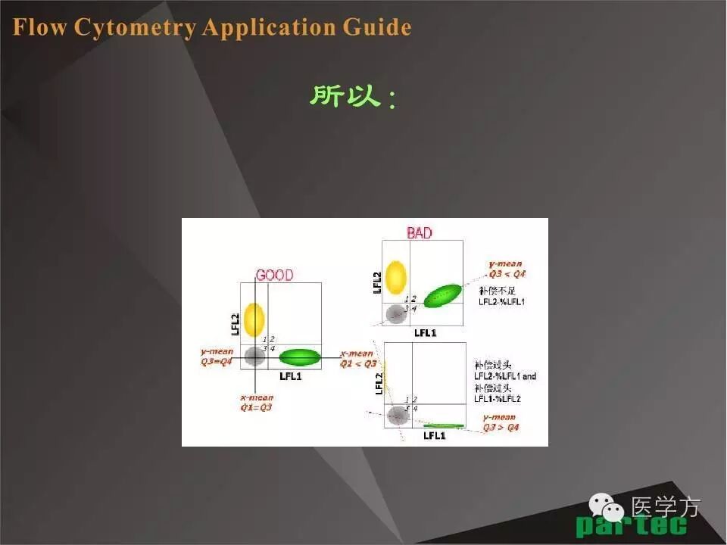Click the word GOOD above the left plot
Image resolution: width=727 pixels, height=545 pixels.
[274, 276]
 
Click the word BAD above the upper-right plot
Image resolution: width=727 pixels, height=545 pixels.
[420, 233]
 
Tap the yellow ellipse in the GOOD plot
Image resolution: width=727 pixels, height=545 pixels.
[254, 319]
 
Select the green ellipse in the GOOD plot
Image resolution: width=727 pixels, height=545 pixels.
[300, 357]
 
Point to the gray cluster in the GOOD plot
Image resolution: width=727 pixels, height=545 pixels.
[254, 354]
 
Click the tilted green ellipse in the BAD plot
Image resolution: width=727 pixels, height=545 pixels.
[442, 295]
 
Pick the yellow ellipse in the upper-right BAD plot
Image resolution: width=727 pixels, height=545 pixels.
[395, 277]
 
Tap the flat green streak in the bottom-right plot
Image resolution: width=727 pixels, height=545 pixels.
[443, 425]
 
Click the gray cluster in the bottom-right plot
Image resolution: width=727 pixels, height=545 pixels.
[397, 414]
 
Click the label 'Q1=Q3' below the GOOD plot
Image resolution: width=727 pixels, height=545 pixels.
[256, 406]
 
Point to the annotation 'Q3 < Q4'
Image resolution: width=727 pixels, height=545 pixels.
[505, 273]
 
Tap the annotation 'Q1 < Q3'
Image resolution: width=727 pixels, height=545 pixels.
[358, 363]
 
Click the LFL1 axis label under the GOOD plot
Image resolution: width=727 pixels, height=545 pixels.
[291, 375]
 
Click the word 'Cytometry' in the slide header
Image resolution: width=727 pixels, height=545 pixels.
[135, 28]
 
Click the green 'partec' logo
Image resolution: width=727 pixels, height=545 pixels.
[631, 525]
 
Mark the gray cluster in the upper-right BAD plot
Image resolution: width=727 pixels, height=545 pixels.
[395, 313]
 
